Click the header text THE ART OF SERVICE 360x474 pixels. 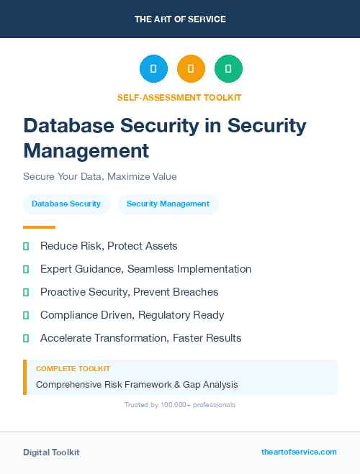click(180, 19)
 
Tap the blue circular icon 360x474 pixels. click(153, 69)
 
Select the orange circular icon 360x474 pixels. click(191, 69)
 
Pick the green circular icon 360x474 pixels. click(228, 69)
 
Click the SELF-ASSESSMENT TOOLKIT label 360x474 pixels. click(179, 97)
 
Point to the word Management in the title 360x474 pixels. click(86, 150)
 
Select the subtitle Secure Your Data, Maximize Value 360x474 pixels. click(100, 176)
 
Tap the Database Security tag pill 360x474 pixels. click(66, 204)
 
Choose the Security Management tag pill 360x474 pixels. click(168, 204)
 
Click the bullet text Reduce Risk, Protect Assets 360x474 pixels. click(109, 246)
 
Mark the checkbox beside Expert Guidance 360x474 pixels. click(26, 269)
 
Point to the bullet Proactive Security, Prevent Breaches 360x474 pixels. click(129, 292)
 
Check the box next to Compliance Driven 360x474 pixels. click(26, 315)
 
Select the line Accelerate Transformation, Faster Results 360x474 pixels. click(140, 338)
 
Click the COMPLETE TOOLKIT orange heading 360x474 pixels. click(73, 368)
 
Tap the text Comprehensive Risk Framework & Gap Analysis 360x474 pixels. click(137, 384)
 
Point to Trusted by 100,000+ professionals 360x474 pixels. click(180, 405)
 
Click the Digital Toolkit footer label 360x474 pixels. click(51, 452)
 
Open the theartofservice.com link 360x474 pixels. click(299, 452)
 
